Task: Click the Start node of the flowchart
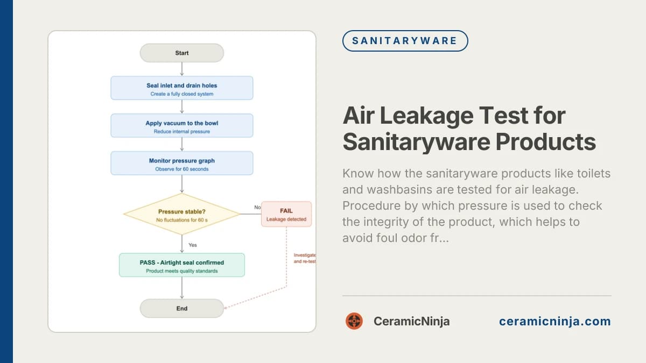click(x=181, y=53)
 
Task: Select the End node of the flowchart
click(x=181, y=308)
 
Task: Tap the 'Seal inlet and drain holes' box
click(x=181, y=88)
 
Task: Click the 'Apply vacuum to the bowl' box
click(x=181, y=125)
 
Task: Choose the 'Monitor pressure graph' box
click(x=181, y=163)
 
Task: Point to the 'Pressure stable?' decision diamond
click(x=181, y=214)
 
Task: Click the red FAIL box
click(x=286, y=214)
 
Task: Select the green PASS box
click(x=181, y=265)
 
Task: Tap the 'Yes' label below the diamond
click(x=193, y=245)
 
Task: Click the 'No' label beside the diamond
click(x=257, y=207)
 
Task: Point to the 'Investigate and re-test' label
click(x=305, y=258)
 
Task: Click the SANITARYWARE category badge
click(x=405, y=40)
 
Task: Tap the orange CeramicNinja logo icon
click(x=354, y=321)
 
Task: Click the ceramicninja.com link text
click(x=554, y=322)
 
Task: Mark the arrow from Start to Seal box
click(x=181, y=69)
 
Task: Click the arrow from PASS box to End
click(x=181, y=288)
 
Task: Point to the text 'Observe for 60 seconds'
click(x=181, y=169)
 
